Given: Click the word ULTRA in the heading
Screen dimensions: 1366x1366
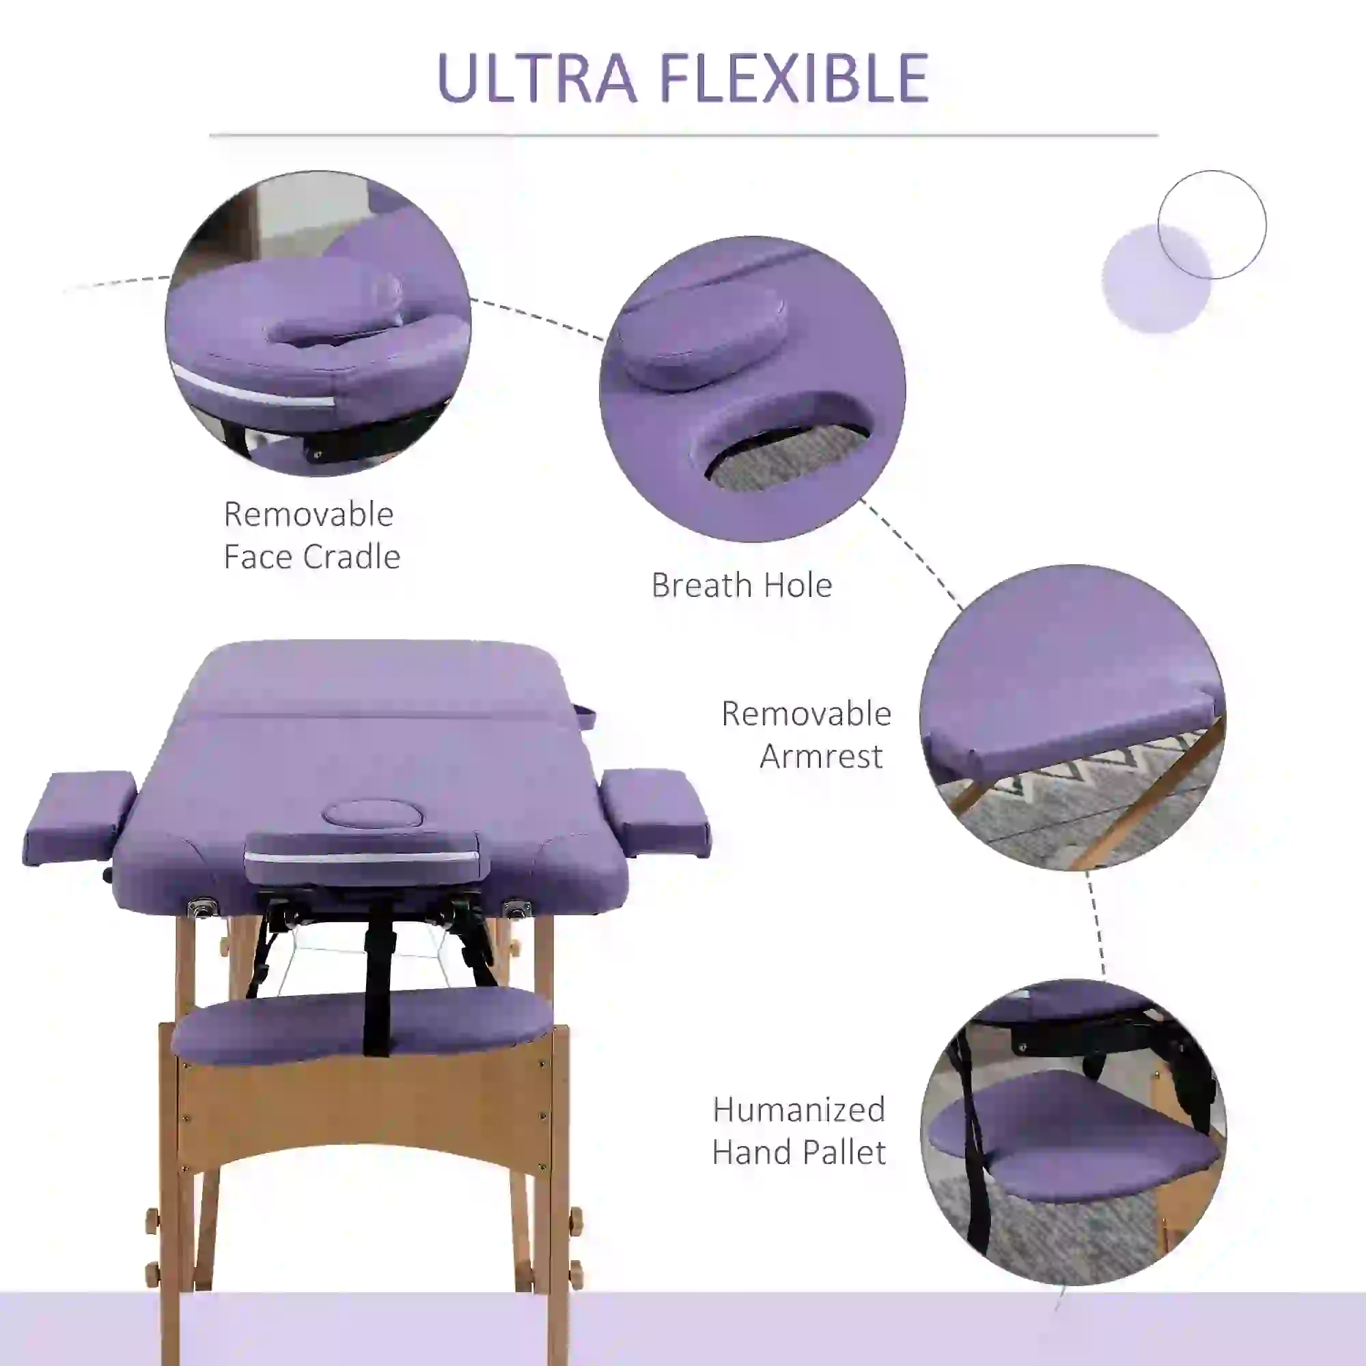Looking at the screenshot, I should coord(538,78).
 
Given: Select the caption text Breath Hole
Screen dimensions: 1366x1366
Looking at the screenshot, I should coord(742,585).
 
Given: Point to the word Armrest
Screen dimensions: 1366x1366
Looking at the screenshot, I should coord(821,757).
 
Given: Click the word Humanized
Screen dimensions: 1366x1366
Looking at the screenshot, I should coord(799,1109).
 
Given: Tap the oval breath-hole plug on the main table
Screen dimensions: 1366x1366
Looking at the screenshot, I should coord(373,814).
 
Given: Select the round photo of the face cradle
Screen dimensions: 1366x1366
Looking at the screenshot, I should coord(318,323).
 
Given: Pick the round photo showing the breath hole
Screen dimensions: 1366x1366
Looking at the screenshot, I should coord(752,389).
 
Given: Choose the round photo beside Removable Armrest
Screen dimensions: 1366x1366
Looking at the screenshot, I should coord(1072,717).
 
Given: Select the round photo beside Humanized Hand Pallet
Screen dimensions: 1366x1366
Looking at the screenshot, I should coord(1072,1132).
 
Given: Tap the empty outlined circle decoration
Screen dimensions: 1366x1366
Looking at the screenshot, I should coord(1212,225).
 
